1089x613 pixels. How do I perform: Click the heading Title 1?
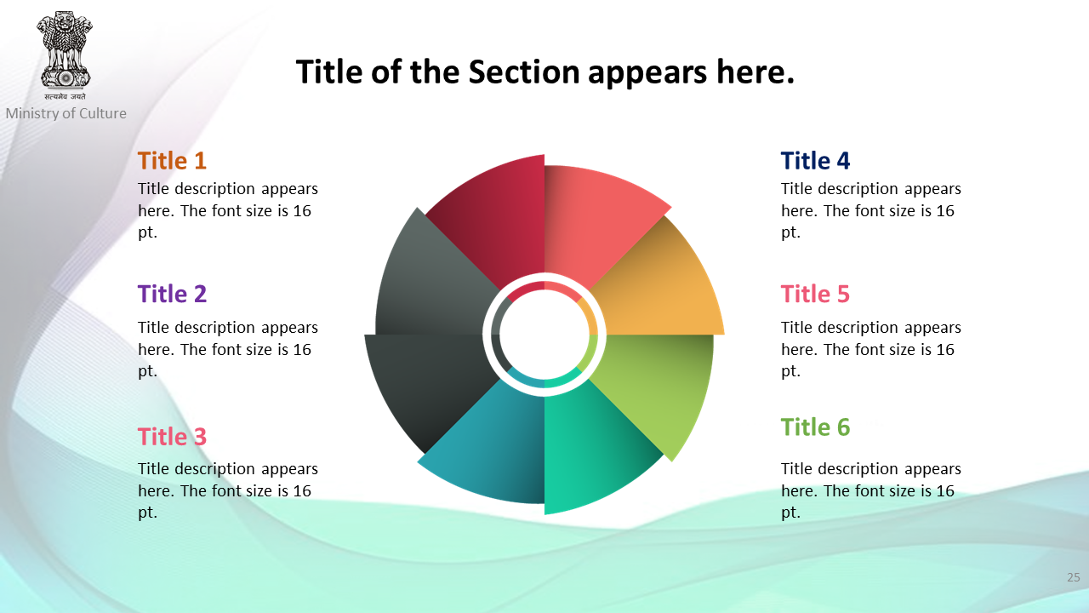pyautogui.click(x=172, y=161)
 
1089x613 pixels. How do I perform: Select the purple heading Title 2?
pyautogui.click(x=172, y=294)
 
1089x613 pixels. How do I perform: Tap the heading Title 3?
pyautogui.click(x=172, y=437)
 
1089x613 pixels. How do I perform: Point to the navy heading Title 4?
pyautogui.click(x=815, y=161)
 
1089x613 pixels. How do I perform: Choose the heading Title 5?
pyautogui.click(x=815, y=294)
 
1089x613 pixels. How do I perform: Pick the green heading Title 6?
pyautogui.click(x=815, y=427)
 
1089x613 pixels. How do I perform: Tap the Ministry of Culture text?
pyautogui.click(x=66, y=113)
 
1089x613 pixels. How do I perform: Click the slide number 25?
pyautogui.click(x=1074, y=577)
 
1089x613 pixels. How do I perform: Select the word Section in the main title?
pyautogui.click(x=524, y=72)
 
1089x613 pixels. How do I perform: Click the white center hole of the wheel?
pyautogui.click(x=544, y=335)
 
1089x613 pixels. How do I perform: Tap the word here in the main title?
pyautogui.click(x=755, y=72)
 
